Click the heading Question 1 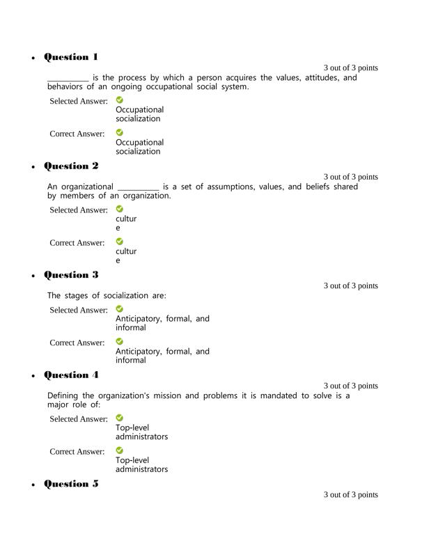pyautogui.click(x=71, y=57)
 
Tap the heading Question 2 pyautogui.click(x=71, y=166)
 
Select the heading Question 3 pyautogui.click(x=71, y=275)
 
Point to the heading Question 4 pyautogui.click(x=71, y=375)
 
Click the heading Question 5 pyautogui.click(x=71, y=484)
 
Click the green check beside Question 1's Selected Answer pyautogui.click(x=120, y=100)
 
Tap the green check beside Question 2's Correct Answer pyautogui.click(x=120, y=242)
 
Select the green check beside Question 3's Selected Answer pyautogui.click(x=120, y=309)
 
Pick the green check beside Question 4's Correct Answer pyautogui.click(x=120, y=450)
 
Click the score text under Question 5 pyautogui.click(x=350, y=495)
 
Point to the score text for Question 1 pyautogui.click(x=350, y=68)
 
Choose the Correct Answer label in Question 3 pyautogui.click(x=77, y=343)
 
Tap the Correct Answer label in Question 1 pyautogui.click(x=77, y=134)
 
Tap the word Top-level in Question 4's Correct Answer pyautogui.click(x=132, y=460)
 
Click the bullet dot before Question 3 pyautogui.click(x=34, y=276)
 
